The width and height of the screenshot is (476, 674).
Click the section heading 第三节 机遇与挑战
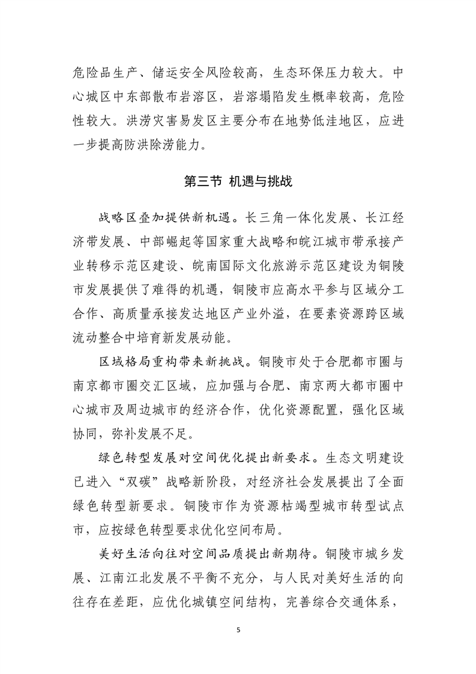point(238,181)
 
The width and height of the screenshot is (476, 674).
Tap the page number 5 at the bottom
point(238,630)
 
